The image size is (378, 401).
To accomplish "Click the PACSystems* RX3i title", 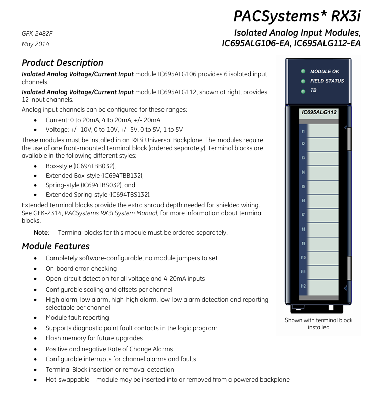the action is click(x=297, y=16).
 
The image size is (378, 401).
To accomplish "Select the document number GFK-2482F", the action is click(x=37, y=33).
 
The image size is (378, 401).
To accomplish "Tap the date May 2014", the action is click(x=35, y=44).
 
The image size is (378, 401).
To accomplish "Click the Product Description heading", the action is click(x=63, y=63).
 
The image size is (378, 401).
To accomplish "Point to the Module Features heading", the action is click(x=56, y=246).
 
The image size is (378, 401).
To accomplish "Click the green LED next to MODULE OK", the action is click(x=303, y=71).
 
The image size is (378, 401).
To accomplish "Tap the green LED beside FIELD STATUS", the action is click(x=303, y=81).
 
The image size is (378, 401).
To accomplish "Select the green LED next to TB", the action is click(x=303, y=91).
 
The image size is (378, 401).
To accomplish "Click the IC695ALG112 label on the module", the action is click(x=319, y=112).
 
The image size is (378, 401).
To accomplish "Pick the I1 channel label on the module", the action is click(x=303, y=131).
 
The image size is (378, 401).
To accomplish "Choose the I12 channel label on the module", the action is click(x=303, y=286).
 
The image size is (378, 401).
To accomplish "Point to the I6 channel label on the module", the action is click(x=303, y=201).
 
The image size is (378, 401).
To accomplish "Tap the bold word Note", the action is click(x=41, y=232).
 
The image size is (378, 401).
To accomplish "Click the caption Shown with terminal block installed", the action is click(x=318, y=324).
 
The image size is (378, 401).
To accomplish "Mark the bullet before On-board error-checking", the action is click(x=35, y=269).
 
